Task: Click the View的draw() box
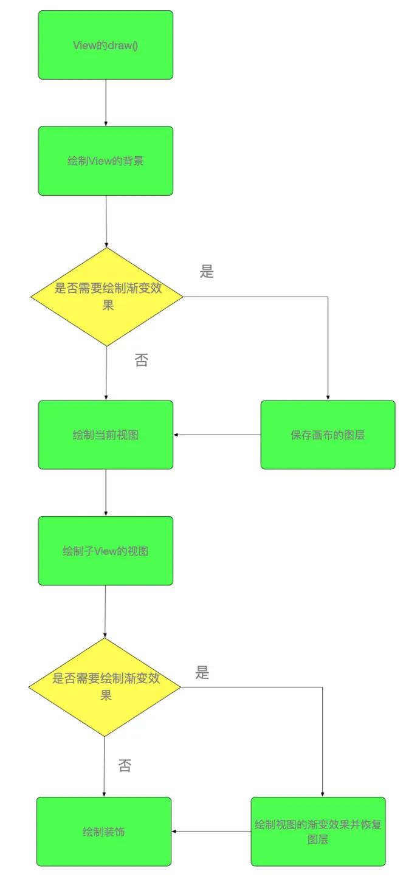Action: (105, 45)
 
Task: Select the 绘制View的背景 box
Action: (105, 161)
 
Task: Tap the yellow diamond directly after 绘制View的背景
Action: (106, 297)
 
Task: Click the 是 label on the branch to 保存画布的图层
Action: (207, 272)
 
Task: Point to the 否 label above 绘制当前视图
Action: (142, 360)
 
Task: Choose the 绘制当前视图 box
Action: (105, 435)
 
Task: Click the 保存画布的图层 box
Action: (328, 435)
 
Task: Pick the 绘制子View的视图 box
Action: (105, 551)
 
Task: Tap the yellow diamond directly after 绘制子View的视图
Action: (105, 687)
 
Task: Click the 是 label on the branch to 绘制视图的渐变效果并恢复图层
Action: (202, 672)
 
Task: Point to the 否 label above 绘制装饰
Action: (125, 766)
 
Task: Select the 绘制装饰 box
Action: (104, 832)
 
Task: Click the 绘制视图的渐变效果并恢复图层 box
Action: (318, 832)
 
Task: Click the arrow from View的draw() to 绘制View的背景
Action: (106, 103)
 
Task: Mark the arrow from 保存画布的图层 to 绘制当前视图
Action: (217, 435)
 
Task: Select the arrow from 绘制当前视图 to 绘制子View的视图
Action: (106, 493)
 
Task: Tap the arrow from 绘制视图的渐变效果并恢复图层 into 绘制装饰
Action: (212, 832)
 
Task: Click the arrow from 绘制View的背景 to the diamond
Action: (106, 221)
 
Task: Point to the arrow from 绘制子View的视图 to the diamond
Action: (105, 611)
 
